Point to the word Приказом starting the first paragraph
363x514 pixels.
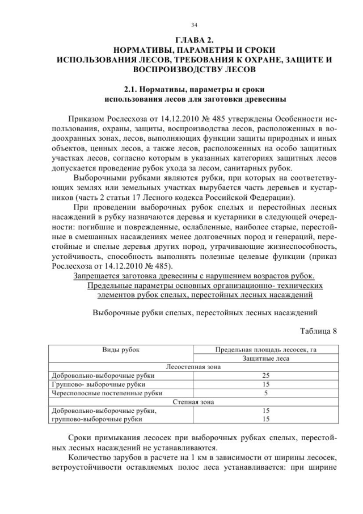pos(85,120)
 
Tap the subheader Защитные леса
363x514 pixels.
pos(265,358)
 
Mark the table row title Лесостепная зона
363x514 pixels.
pos(192,367)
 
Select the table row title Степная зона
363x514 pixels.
pos(192,402)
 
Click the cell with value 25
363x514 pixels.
pos(265,375)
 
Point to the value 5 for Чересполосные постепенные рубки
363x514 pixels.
pos(265,392)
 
